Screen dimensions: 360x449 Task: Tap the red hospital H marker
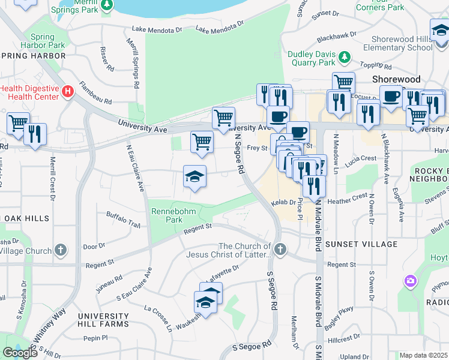point(68,91)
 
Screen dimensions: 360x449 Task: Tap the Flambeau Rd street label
point(95,93)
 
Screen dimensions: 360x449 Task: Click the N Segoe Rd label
point(239,154)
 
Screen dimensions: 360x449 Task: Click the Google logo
point(20,353)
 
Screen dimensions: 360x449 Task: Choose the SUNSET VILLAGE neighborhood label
point(361,244)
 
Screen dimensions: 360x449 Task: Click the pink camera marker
point(411,280)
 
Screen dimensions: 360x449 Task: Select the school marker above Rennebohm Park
point(194,177)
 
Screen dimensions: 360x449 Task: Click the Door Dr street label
point(94,246)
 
